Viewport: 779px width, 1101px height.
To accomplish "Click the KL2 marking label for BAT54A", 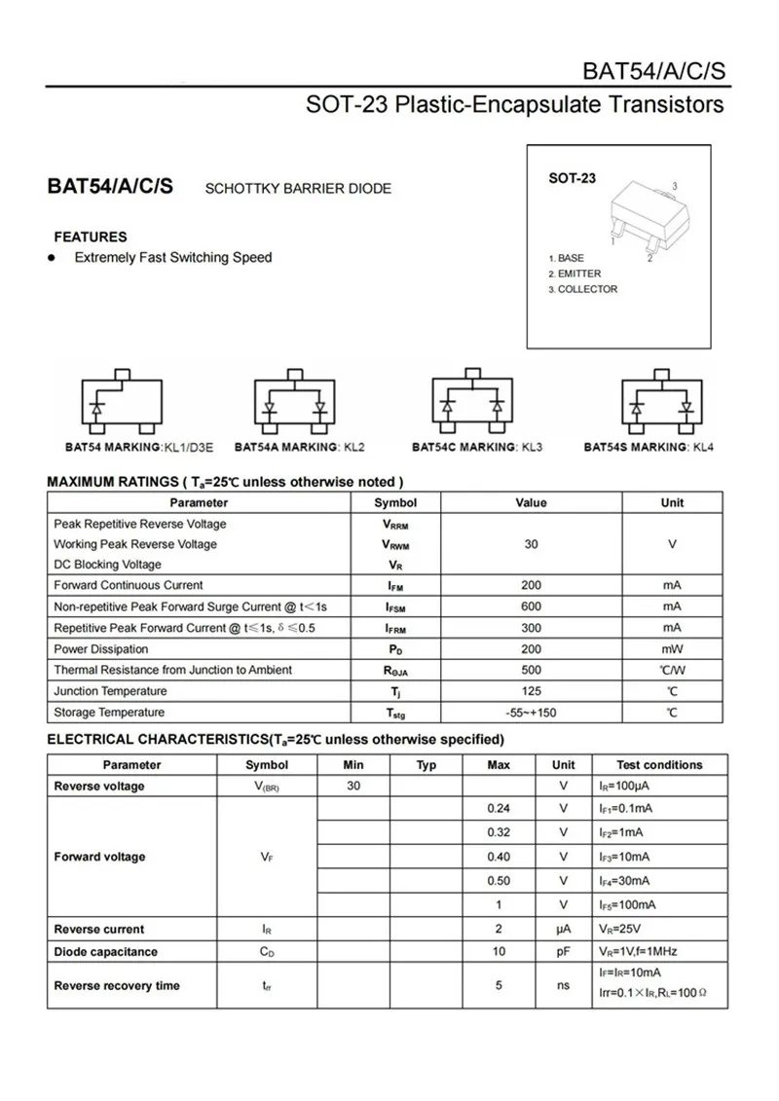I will [352, 447].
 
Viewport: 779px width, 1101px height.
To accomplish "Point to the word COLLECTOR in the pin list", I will [587, 289].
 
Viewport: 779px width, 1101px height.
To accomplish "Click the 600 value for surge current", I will [531, 606].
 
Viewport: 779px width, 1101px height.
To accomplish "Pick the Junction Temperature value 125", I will [531, 691].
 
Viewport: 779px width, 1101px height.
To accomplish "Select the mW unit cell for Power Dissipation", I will [672, 649].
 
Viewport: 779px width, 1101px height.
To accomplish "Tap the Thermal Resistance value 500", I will [531, 670].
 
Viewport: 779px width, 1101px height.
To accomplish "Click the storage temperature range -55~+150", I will [531, 713].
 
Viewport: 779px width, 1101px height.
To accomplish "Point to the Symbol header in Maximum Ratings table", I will [395, 502].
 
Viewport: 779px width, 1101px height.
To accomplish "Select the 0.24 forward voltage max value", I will [499, 809].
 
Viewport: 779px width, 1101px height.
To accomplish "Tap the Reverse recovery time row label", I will [117, 986].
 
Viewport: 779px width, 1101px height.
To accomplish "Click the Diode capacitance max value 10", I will [499, 952].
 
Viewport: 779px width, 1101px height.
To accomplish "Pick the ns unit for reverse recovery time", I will [563, 986].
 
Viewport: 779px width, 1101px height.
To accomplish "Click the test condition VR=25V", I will [620, 930].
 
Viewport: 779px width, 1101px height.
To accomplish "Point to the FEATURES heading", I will [91, 237].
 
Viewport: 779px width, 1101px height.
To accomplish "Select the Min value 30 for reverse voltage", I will [353, 787].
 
